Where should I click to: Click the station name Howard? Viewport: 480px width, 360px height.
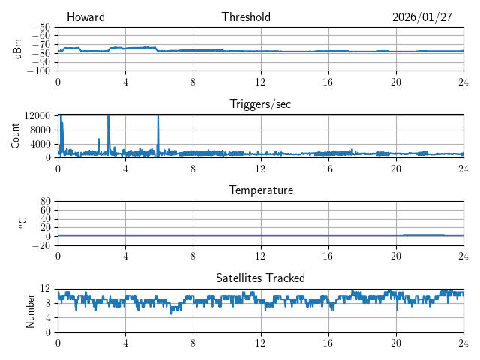[85, 17]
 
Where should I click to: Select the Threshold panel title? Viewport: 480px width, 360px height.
[246, 17]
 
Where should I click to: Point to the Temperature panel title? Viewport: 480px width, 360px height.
[260, 190]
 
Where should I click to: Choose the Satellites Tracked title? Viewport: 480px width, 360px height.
[260, 277]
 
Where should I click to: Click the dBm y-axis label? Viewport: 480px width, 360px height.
[19, 49]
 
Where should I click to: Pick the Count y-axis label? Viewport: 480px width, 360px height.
[16, 136]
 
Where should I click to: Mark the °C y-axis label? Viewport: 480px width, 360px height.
[22, 223]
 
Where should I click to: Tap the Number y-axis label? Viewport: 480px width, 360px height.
[31, 310]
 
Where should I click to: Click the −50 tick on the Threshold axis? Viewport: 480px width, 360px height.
[42, 27]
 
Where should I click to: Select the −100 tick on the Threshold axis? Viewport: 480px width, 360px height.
[40, 70]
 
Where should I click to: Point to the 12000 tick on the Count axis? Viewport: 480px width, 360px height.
[38, 115]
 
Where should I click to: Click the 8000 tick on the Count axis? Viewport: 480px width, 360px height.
[40, 129]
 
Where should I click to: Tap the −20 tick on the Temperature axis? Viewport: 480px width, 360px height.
[42, 245]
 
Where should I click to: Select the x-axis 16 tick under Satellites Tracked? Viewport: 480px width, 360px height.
[328, 343]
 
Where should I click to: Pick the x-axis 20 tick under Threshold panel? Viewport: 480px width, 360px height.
[395, 82]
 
